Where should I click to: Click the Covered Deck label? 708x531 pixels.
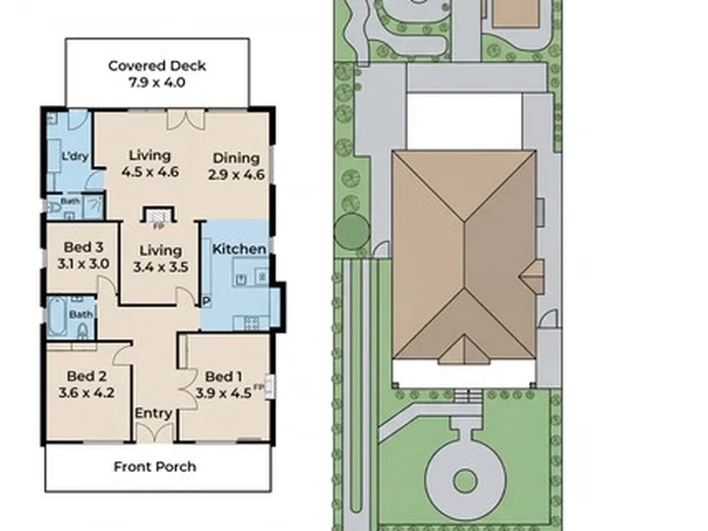pos(156,66)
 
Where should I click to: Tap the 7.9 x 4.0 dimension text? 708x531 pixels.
pos(156,83)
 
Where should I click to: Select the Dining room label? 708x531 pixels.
pos(236,158)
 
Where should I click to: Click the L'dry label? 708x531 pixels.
pos(75,156)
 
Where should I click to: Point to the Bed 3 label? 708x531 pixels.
pos(84,247)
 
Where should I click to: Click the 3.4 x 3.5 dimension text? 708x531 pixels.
pos(160,266)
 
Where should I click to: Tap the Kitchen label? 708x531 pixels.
pos(239,249)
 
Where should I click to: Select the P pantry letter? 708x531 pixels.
pos(206,301)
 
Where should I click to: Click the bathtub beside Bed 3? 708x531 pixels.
pos(57,317)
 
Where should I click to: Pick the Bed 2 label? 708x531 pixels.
pos(87,376)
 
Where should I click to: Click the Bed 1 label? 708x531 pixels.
pos(223,376)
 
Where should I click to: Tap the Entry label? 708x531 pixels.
pos(153,413)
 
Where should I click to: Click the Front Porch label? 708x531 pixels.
pos(155,466)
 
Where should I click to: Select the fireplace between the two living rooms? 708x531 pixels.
pos(158,215)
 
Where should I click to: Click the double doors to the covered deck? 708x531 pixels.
pos(186,119)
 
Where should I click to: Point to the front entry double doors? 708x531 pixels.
pos(154,433)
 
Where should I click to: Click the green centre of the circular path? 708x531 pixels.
pos(464,481)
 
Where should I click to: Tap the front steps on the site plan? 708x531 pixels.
pos(468,396)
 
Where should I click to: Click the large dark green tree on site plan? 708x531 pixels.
pos(352,231)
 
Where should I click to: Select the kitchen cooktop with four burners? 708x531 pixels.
pos(252,323)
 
